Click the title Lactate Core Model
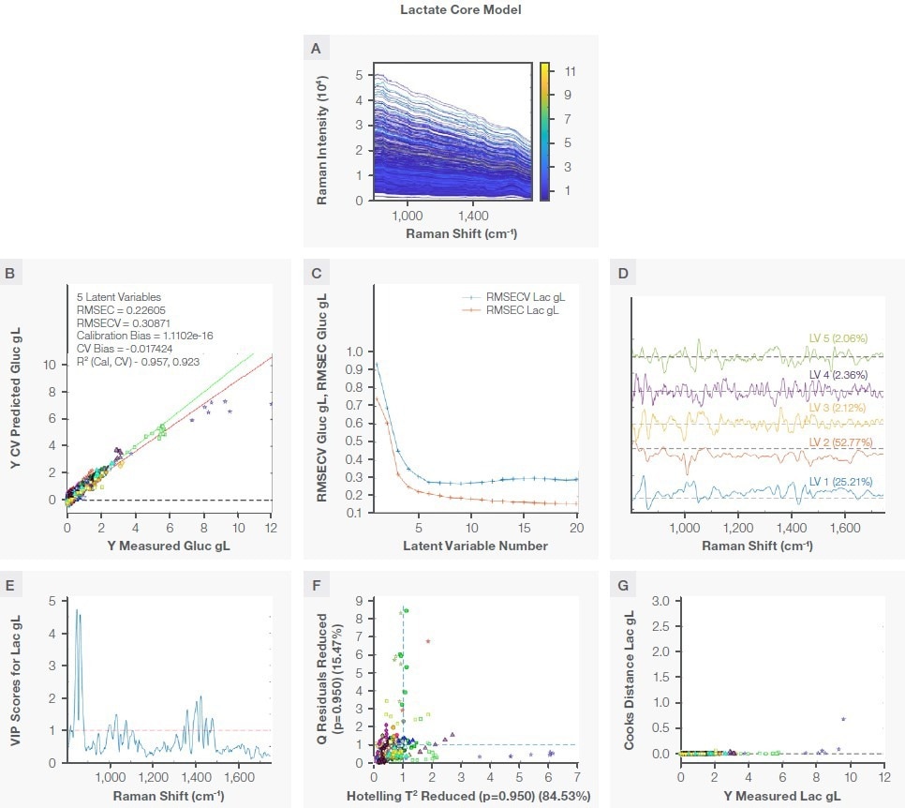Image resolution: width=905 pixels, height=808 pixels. coord(452,10)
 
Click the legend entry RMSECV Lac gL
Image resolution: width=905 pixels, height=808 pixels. coord(527,297)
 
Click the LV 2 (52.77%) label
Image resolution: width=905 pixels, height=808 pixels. coord(843,441)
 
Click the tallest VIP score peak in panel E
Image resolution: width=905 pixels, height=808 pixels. coord(79,611)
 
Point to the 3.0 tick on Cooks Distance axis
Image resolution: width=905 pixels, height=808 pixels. coord(660,601)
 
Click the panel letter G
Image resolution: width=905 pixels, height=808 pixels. coord(625,586)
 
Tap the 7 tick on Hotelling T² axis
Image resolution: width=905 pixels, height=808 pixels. coord(576,778)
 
